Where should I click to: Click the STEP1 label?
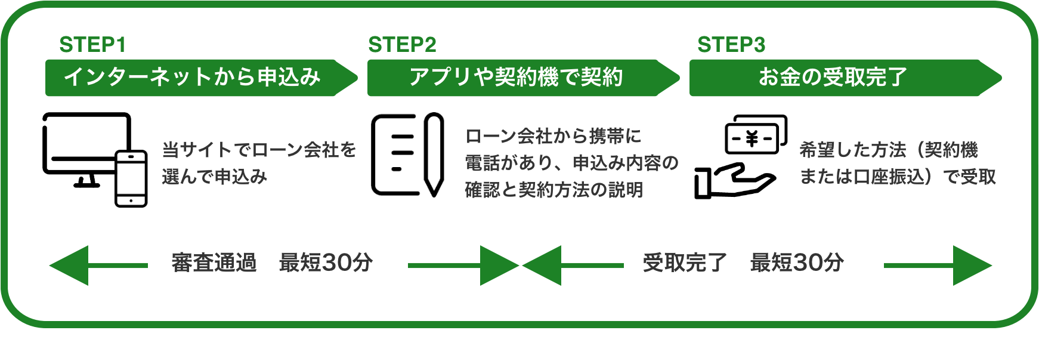click(92, 45)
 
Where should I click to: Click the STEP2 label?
click(402, 45)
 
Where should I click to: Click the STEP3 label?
click(731, 45)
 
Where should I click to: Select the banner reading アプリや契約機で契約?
click(517, 77)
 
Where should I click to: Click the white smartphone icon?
click(131, 178)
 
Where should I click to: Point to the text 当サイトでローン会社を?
click(259, 149)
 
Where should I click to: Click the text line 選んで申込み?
click(215, 177)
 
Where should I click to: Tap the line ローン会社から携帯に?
click(553, 136)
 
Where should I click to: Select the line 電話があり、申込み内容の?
click(571, 163)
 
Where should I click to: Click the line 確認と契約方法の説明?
click(553, 190)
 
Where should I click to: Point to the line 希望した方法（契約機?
click(889, 149)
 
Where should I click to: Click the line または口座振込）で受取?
click(898, 177)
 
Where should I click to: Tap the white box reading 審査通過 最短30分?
click(278, 266)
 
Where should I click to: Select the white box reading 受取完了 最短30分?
click(754, 266)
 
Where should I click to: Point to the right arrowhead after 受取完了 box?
click(970, 266)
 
